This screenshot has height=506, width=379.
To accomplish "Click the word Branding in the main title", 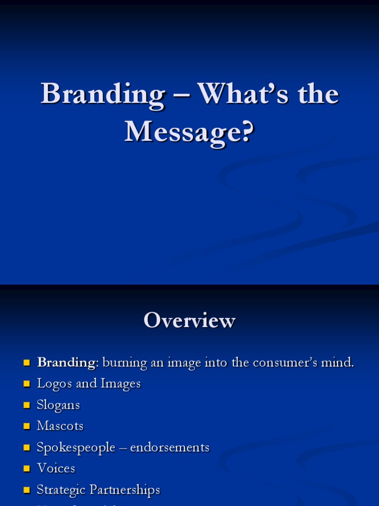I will pos(103,93).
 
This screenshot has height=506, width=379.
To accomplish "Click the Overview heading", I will pos(189,321).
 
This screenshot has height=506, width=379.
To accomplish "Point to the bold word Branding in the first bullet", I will pos(66,363).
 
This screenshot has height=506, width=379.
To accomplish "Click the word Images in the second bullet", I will pos(121,384).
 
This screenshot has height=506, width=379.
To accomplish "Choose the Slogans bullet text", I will pos(58,405).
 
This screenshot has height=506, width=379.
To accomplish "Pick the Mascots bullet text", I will pos(60,426).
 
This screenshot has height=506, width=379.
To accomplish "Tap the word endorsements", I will pos(170,448).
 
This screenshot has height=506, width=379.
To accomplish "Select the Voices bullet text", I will pos(56,468).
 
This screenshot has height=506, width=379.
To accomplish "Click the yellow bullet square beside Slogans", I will pos(27,406).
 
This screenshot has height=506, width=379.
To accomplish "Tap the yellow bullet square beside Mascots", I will pos(27,426).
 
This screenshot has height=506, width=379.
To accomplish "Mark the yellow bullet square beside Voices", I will pos(27,469).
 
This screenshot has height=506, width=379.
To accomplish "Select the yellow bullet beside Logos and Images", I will pos(27,384).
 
